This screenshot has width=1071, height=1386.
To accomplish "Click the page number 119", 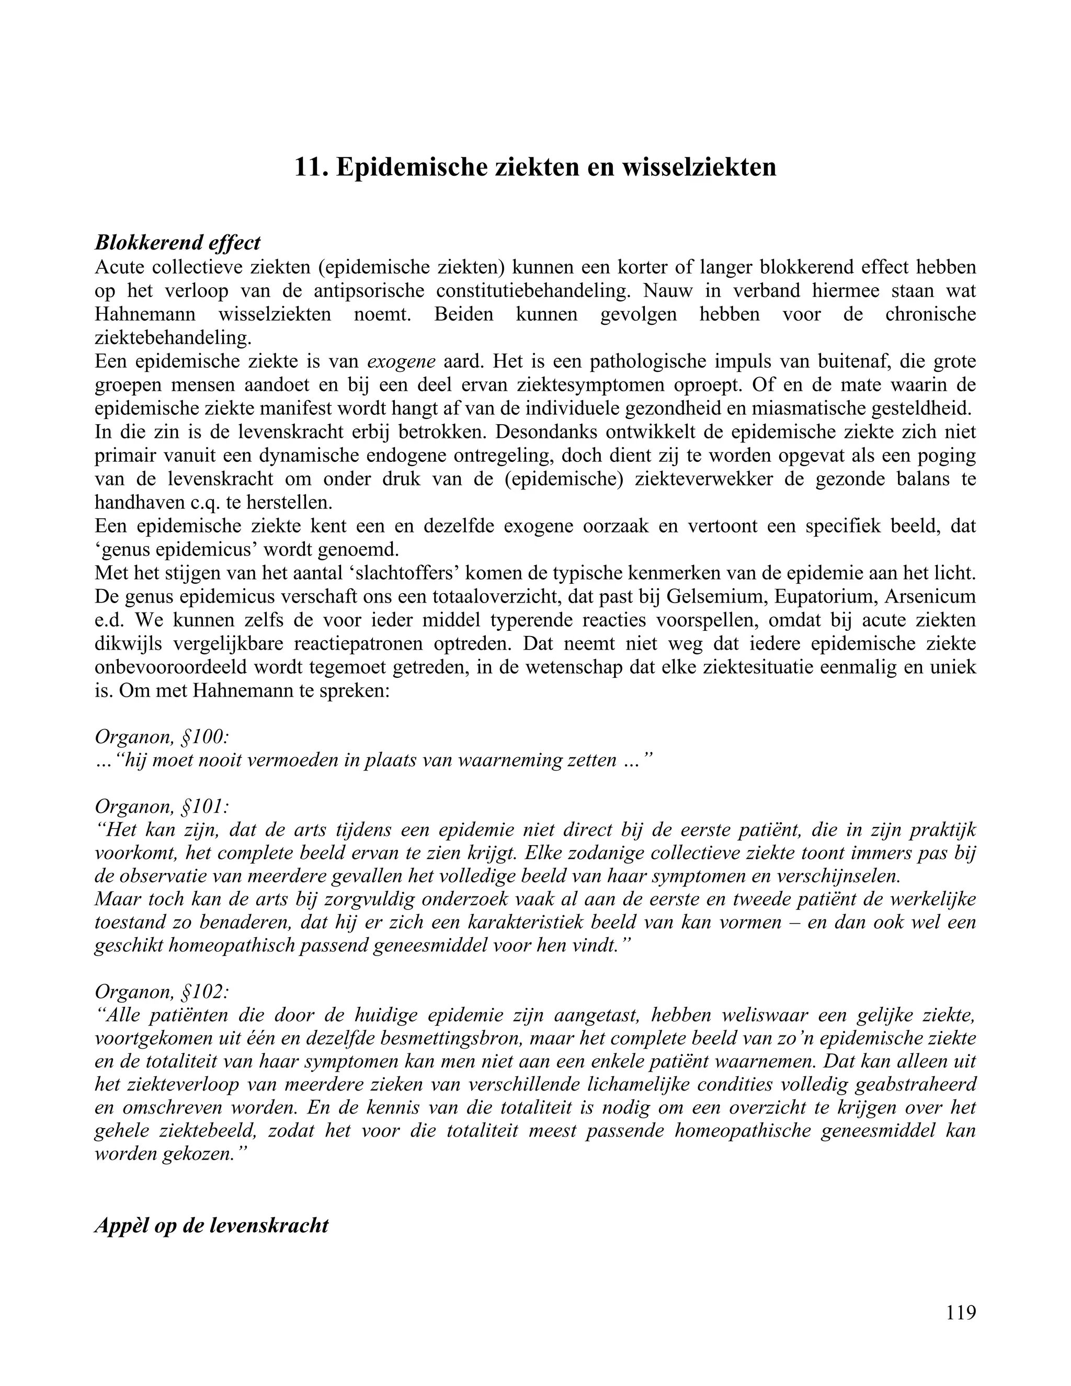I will click(961, 1312).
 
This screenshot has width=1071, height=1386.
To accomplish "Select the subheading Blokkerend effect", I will click(178, 243).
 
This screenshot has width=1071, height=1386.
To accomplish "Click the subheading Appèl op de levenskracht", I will click(211, 1225).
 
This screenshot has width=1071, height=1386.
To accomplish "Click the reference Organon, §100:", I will click(162, 736).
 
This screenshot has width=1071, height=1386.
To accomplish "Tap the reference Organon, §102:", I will click(162, 992).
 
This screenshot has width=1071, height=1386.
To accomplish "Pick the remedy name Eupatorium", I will click(822, 597).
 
